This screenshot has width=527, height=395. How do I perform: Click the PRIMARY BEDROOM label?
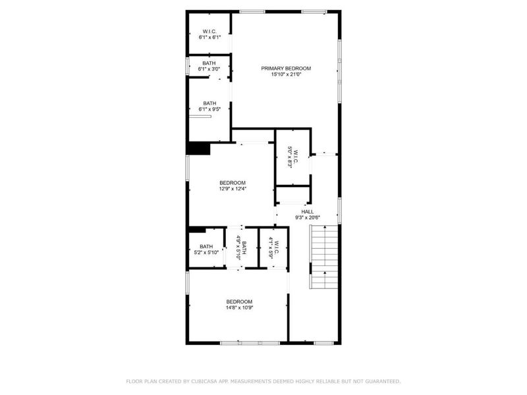286,68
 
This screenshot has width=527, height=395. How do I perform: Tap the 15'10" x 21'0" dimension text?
286,74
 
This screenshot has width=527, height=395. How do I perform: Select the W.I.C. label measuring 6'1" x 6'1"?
209,31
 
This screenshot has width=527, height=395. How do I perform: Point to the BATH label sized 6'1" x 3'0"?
209,63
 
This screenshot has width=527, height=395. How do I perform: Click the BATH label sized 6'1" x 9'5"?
209,103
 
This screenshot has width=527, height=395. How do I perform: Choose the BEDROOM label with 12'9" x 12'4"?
233,183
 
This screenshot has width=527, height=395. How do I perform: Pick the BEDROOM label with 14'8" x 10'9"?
238,302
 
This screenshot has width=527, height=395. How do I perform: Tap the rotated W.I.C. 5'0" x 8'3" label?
292,158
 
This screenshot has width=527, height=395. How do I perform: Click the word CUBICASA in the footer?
204,381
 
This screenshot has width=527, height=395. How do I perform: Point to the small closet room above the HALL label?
292,196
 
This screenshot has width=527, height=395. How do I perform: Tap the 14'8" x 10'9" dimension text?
238,307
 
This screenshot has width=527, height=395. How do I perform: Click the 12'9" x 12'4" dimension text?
233,189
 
